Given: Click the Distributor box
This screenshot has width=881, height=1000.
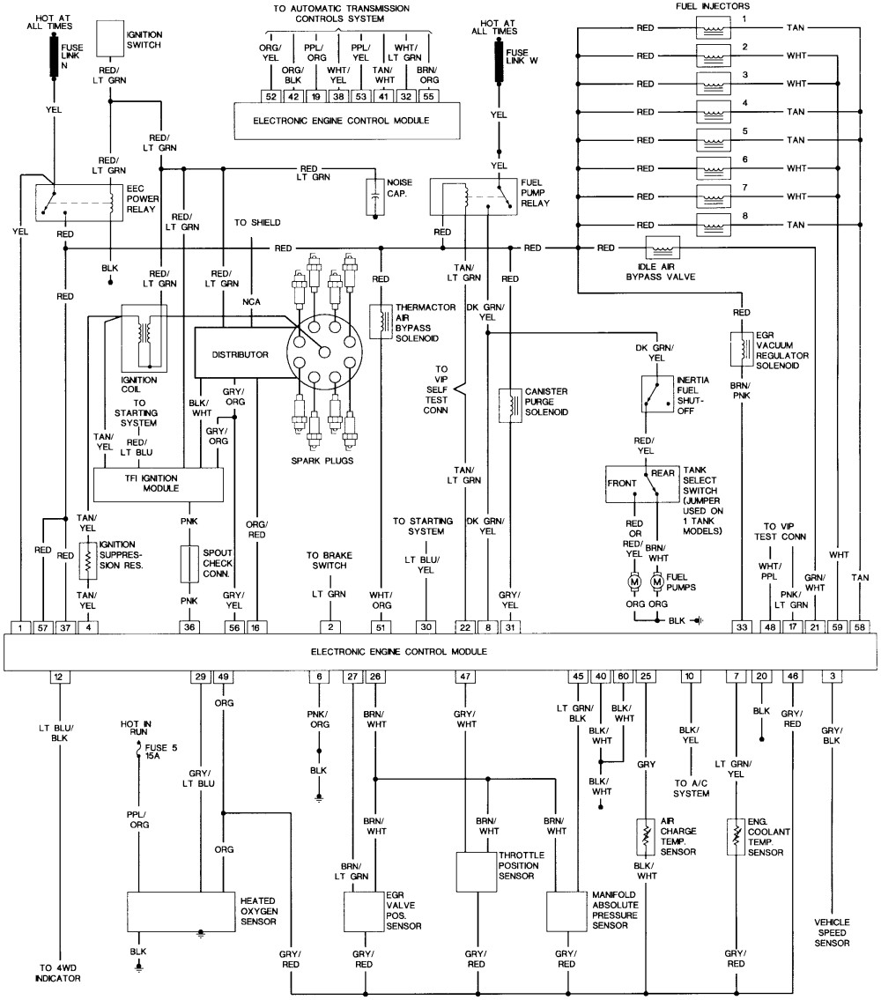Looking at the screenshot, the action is [x=241, y=353].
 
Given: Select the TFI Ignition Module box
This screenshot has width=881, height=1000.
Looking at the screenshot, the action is [x=159, y=485].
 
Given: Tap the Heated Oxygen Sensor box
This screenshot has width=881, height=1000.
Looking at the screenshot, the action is [x=181, y=912].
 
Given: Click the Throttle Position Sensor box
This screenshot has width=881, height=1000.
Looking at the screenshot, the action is [x=477, y=872].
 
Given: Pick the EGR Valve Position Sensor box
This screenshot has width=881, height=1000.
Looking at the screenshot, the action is [x=364, y=911].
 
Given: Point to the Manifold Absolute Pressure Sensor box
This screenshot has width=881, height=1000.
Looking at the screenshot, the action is [x=566, y=911].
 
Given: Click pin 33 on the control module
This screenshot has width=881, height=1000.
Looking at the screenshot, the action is [x=742, y=627].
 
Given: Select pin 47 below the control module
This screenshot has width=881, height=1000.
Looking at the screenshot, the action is [x=465, y=677].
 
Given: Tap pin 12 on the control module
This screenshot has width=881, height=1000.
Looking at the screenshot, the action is [x=59, y=677].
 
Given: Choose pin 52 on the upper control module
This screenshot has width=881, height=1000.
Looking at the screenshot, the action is [x=271, y=96].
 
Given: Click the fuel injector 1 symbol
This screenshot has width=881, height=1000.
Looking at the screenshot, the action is [x=714, y=27].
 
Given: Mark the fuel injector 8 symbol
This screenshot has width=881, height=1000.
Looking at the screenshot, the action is [x=714, y=225].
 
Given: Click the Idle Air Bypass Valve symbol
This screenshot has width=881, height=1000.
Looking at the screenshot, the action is [x=663, y=248].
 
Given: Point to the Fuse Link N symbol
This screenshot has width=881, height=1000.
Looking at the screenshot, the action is [x=55, y=57].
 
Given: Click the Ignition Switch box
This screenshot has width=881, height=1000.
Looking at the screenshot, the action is [x=110, y=39].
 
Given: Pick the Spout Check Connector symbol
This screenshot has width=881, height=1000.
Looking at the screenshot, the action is [x=189, y=564].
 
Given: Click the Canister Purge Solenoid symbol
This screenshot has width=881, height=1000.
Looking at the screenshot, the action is [x=510, y=405].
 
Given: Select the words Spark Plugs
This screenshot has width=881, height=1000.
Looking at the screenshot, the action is [x=322, y=461].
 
